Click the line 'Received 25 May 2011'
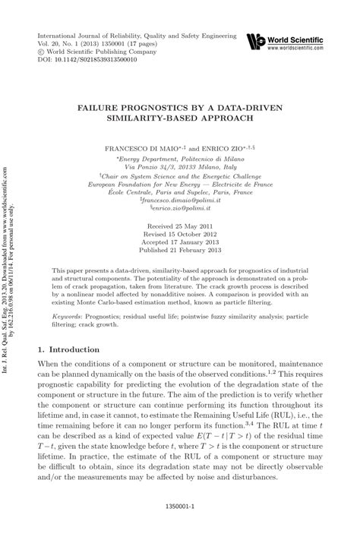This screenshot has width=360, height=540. tap(180, 226)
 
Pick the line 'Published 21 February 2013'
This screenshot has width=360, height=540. tap(180, 251)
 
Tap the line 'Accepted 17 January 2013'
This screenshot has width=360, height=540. tap(180, 243)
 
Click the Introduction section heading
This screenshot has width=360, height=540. tap(69, 349)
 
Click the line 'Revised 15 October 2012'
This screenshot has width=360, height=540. tap(180, 235)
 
